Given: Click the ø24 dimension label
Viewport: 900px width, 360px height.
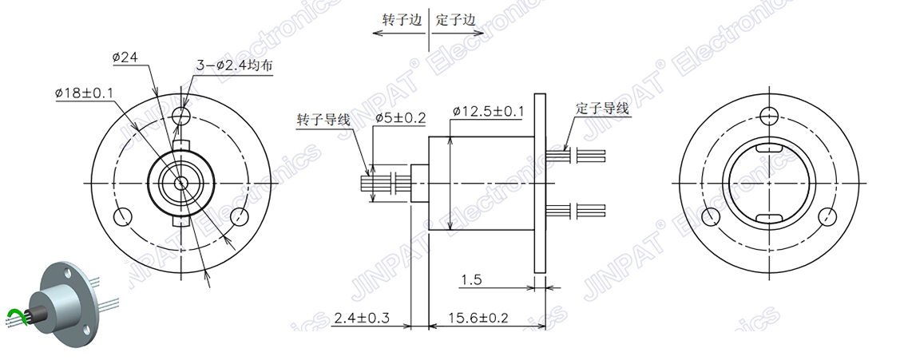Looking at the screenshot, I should tap(126, 57).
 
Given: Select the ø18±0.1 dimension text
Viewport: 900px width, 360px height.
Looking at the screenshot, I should tap(84, 93).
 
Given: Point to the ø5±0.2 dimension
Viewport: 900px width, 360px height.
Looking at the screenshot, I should tap(400, 118).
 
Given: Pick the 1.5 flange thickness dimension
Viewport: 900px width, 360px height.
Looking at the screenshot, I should tap(470, 280).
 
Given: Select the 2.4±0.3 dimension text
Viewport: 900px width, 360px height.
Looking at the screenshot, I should tap(361, 318).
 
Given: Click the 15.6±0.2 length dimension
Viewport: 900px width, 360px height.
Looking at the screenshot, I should tap(478, 318).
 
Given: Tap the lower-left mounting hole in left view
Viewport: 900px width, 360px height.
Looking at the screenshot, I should tap(124, 216).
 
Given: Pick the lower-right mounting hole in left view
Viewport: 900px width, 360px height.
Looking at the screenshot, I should tap(239, 216).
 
